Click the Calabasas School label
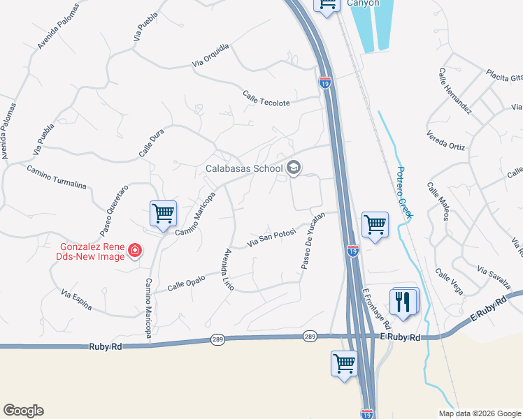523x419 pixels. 243,168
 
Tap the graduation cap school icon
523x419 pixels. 294,168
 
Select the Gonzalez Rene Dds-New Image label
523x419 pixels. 92,250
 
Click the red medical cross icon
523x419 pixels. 134,251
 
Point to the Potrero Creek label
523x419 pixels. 404,192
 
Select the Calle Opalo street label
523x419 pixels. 187,284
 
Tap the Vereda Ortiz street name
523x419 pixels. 445,142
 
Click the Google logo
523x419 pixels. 23,411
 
